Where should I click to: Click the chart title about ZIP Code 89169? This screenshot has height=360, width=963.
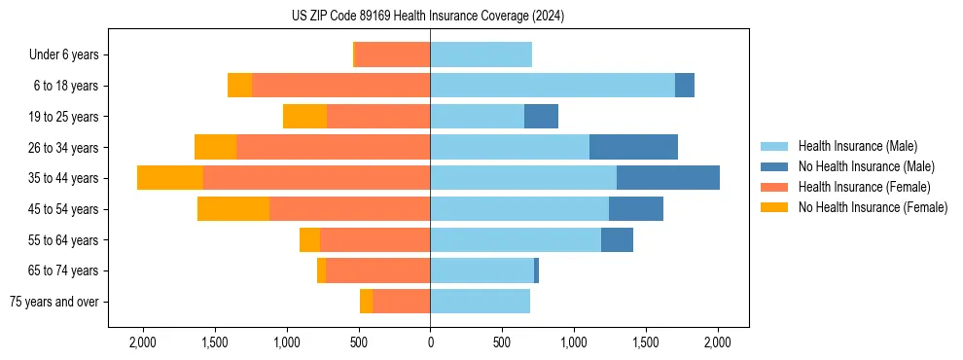click(x=428, y=16)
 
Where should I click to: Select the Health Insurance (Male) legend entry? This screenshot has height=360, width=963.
click(x=857, y=146)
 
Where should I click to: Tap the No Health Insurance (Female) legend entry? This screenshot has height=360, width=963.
click(x=873, y=207)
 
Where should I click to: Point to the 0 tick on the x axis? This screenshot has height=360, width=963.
click(x=430, y=343)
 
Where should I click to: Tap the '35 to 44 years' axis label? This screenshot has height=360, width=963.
click(x=63, y=178)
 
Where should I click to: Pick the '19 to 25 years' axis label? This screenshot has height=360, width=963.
click(x=63, y=117)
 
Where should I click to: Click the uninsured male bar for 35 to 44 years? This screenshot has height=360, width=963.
click(x=668, y=178)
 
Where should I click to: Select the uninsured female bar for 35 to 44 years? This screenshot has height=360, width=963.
click(x=170, y=178)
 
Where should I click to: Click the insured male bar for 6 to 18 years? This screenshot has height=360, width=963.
click(x=553, y=86)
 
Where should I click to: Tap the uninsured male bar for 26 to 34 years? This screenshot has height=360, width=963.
click(x=633, y=147)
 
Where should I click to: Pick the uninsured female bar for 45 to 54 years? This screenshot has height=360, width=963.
click(x=233, y=209)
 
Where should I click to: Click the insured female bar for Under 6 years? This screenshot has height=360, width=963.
click(x=393, y=55)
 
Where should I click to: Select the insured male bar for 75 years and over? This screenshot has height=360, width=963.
click(x=480, y=302)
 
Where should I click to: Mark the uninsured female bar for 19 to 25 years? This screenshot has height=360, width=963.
click(x=304, y=117)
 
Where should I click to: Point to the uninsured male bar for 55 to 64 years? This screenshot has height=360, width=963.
click(x=617, y=239)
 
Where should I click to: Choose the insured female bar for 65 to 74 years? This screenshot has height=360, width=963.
click(x=377, y=270)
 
